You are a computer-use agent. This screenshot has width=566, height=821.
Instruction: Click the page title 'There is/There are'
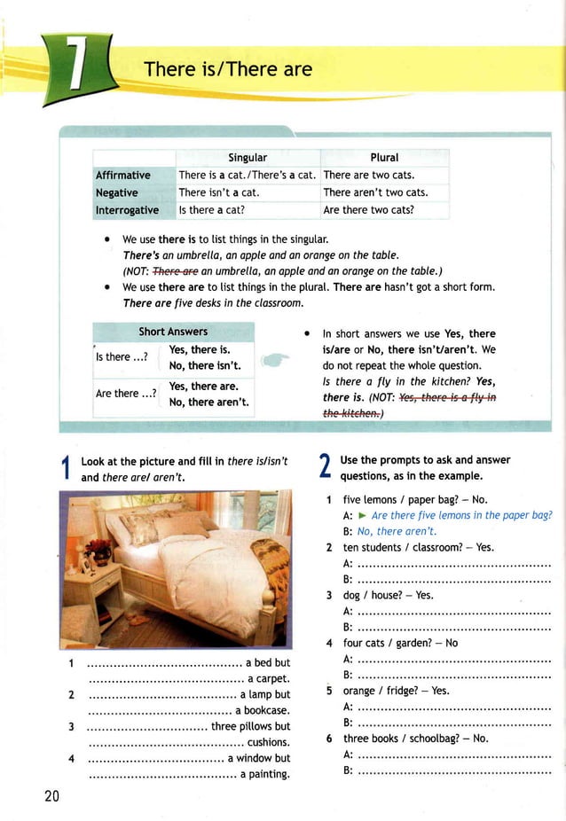click(x=228, y=69)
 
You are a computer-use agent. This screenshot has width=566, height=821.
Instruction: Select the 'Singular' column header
click(x=247, y=157)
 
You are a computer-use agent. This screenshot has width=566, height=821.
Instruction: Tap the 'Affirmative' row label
click(x=123, y=175)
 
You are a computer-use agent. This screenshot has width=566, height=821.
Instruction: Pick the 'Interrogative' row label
click(x=127, y=210)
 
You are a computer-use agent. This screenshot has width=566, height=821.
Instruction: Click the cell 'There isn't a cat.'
click(x=218, y=192)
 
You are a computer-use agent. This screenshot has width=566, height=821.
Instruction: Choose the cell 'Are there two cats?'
click(x=369, y=210)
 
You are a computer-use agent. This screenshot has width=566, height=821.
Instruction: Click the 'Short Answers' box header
click(x=173, y=332)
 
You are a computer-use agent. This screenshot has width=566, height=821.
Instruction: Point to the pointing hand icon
click(x=277, y=360)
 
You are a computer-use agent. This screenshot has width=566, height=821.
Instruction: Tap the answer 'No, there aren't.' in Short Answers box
click(x=208, y=403)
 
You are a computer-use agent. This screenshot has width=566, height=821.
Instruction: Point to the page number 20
click(x=51, y=795)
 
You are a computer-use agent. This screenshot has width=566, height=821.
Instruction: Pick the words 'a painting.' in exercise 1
click(x=265, y=774)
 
